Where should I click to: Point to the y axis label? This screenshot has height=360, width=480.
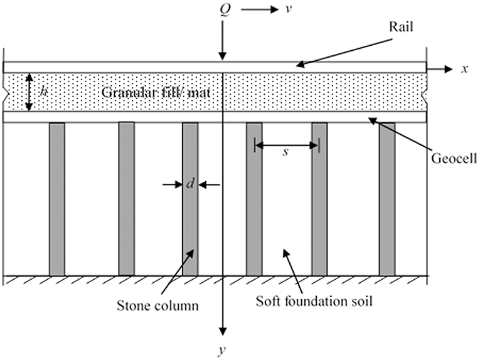(221, 351)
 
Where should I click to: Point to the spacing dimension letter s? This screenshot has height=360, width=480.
(285, 153)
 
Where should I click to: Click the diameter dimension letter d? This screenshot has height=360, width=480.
(189, 184)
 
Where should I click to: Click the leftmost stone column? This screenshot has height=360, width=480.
(57, 199)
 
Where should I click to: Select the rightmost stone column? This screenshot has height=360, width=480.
(387, 199)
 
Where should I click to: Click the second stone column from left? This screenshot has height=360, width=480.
(127, 199)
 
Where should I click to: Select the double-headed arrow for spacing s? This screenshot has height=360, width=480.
(287, 146)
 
